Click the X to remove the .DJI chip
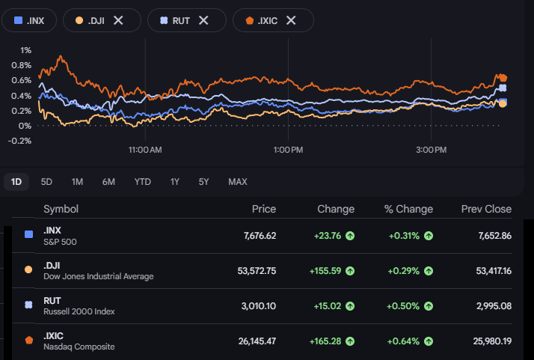coord(118,20)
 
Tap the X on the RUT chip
coord(203,20)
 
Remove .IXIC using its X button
coord(291,20)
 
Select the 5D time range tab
coord(46,182)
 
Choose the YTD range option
coord(142,182)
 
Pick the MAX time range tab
coord(238,182)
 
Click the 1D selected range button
coord(16,182)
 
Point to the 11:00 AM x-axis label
coord(145,150)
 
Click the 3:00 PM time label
coord(431,150)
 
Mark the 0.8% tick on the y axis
coord(21,65)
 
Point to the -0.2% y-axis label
coord(19,141)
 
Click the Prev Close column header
coord(486,209)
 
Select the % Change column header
coord(408,209)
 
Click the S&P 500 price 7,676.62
coord(260,236)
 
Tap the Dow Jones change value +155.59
coord(325,271)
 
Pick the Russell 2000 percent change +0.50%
coord(403,306)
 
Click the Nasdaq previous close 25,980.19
coord(492,341)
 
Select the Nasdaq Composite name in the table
coord(79,347)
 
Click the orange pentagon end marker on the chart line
coord(503,78)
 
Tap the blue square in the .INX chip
coord(18,20)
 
